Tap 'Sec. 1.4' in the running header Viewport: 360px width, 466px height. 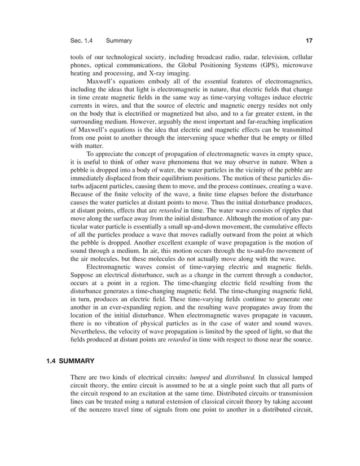(x=81, y=41)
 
